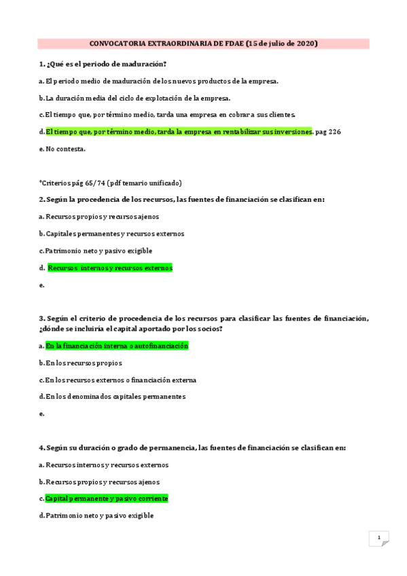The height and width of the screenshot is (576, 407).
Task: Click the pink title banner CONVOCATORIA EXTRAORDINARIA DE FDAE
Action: coord(203,43)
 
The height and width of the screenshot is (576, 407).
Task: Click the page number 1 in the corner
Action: coord(379,538)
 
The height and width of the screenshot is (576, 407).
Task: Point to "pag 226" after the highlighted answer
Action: coord(328,132)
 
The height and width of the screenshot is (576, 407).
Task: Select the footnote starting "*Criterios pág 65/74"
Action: coord(111,183)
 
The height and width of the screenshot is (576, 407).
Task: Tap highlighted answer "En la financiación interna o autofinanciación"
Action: coord(116,346)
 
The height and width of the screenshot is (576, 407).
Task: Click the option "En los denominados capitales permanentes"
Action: coord(115,397)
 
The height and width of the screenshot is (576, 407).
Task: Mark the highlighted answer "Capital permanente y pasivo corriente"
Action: coord(106,499)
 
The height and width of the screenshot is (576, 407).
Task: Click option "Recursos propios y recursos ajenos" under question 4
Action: coord(103,482)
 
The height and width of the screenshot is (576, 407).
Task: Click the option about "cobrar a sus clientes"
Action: coord(170,115)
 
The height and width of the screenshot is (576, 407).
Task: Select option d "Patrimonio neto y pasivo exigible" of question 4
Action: coord(99,516)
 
